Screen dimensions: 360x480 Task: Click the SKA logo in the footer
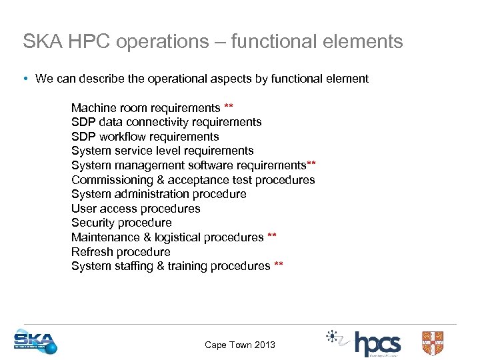(35, 341)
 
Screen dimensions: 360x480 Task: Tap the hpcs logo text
(377, 344)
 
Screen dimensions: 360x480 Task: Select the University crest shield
(433, 343)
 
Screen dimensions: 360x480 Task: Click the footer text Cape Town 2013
(239, 345)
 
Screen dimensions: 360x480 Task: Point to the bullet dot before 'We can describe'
(25, 79)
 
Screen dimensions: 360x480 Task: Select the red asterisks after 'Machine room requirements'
(229, 107)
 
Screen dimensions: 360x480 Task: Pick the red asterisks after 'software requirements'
(311, 165)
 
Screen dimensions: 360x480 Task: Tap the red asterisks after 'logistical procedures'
(272, 237)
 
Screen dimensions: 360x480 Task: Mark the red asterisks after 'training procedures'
(279, 265)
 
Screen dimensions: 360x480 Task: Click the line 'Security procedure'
(121, 223)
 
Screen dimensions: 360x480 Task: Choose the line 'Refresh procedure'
(121, 252)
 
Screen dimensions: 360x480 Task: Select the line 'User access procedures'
(135, 209)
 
